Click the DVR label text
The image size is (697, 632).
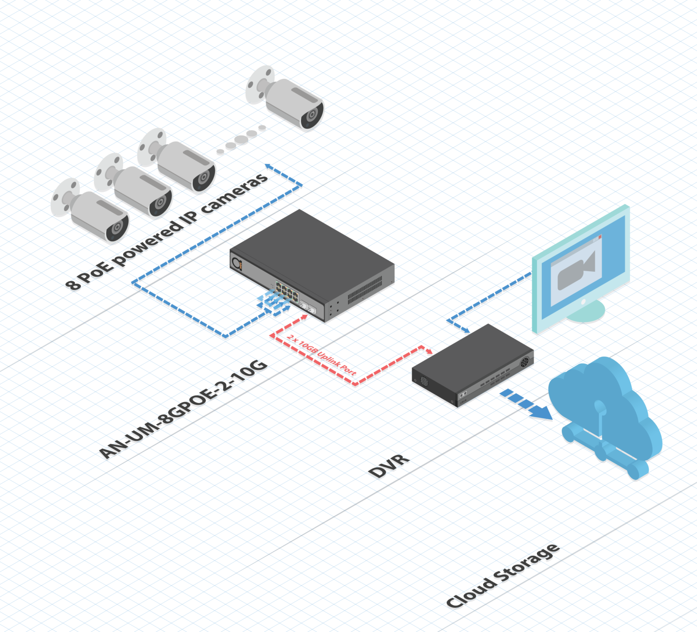pos(389,465)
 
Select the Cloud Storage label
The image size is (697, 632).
pos(503,575)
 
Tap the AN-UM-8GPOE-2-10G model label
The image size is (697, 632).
pos(183,409)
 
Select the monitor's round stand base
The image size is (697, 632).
pos(586,312)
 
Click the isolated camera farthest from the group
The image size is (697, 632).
pos(285,98)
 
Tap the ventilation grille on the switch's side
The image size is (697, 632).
pos(365,290)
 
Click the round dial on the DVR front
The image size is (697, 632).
pos(525,362)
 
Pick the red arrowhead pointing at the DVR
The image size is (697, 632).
pos(429,351)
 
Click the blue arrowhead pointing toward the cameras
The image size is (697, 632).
pos(269,167)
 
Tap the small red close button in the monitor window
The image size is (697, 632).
pos(600,237)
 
